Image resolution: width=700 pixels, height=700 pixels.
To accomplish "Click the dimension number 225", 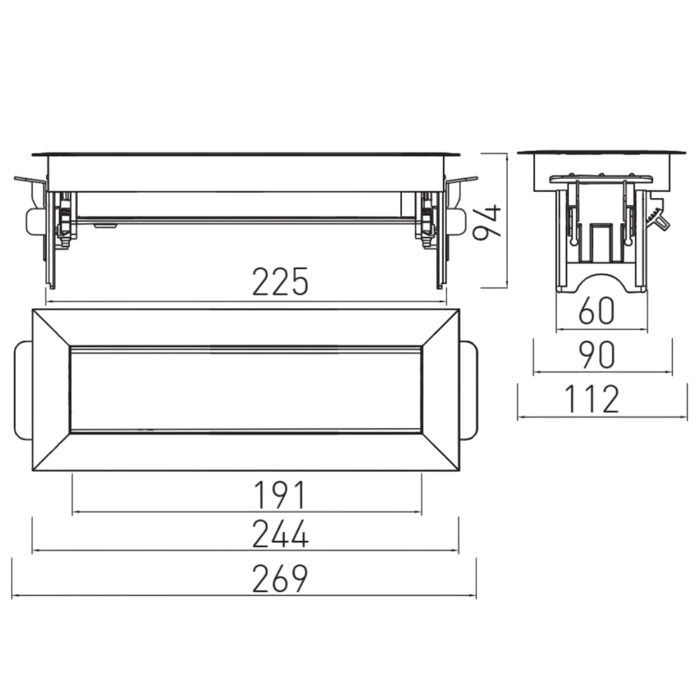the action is pyautogui.click(x=280, y=282).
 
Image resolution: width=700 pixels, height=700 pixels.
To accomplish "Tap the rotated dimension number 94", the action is pyautogui.click(x=487, y=222).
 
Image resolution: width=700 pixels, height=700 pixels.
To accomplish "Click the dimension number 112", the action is pyautogui.click(x=592, y=399).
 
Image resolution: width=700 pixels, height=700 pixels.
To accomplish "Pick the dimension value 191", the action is pyautogui.click(x=280, y=495).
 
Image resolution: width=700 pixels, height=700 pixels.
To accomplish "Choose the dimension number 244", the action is pyautogui.click(x=280, y=534).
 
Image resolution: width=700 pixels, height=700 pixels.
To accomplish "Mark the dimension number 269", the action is pyautogui.click(x=280, y=579).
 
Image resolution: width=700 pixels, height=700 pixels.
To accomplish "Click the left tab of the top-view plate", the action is pyautogui.click(x=23, y=390).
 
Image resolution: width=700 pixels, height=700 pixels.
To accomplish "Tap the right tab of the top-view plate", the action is pyautogui.click(x=468, y=390).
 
